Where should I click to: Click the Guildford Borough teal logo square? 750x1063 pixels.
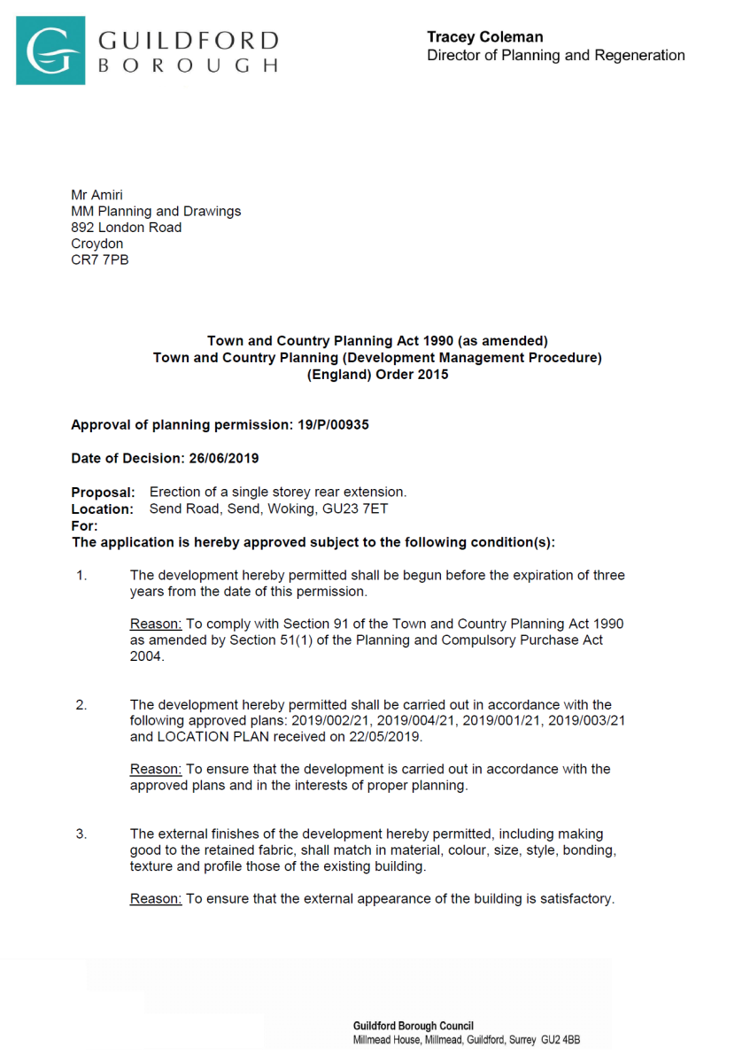50,50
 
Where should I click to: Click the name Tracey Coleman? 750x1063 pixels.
484,37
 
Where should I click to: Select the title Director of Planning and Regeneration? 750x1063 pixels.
555,56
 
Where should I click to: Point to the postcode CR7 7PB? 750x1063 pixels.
99,260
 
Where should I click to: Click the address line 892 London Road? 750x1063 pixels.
126,228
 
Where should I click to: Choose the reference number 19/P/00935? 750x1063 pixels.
333,425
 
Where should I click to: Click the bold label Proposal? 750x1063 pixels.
103,493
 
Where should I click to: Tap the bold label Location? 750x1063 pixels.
102,509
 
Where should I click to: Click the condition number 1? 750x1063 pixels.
81,576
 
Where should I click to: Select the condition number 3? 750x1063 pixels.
81,834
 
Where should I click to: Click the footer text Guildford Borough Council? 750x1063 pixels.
413,1026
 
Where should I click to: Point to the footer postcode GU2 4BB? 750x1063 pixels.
561,1040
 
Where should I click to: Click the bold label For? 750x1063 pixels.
84,526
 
